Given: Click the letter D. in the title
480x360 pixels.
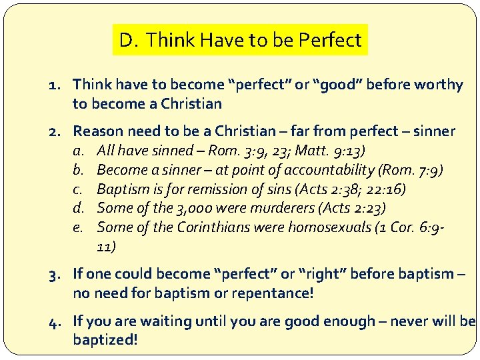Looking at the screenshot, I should (x=128, y=41).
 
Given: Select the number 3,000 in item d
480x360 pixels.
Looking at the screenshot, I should (x=192, y=208).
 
